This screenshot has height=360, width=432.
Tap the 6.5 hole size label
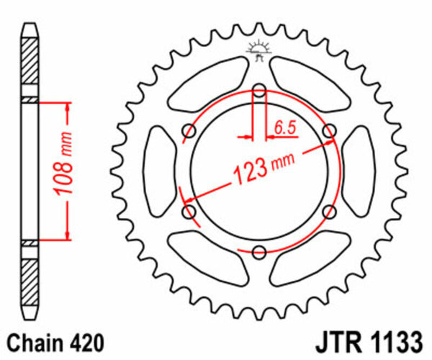tap(284, 128)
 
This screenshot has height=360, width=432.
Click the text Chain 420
tap(55, 341)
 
